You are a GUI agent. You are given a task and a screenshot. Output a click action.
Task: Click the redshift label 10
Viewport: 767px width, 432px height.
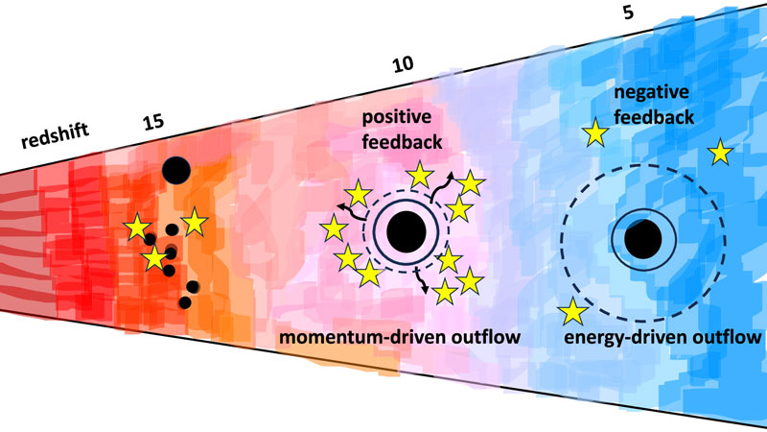coord(404,65)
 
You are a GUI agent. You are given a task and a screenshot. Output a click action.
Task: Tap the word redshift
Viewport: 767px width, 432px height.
coord(57,144)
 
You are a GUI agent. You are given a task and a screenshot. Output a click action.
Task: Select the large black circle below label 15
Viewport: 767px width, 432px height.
coord(175,171)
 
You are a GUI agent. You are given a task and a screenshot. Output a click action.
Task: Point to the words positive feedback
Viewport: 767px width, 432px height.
coord(403,130)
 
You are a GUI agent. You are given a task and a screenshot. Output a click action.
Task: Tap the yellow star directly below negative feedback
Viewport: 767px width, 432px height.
coord(596,133)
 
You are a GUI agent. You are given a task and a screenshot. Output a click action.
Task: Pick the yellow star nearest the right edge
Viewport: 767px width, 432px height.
coord(718,152)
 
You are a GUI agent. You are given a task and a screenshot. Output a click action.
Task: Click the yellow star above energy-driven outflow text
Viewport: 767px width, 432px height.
coord(573,311)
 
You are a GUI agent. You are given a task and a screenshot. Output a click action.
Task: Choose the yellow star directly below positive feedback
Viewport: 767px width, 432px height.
coord(419,175)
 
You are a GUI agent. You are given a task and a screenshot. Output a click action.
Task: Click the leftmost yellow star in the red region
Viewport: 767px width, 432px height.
coord(136,227)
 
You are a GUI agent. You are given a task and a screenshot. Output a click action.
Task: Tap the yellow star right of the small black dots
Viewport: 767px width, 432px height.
coord(195,223)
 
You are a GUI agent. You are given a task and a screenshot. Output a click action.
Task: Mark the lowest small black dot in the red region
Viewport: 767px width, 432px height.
coord(184,302)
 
